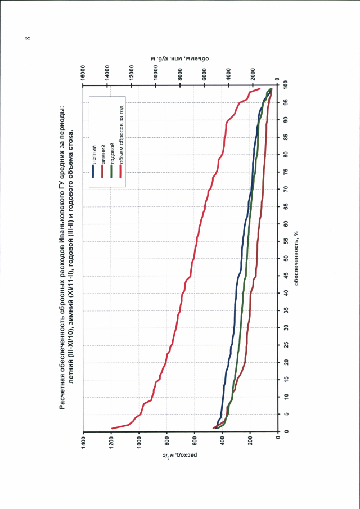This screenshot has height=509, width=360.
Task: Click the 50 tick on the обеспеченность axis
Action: point(287,258)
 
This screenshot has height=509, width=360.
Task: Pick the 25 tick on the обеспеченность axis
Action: point(287,345)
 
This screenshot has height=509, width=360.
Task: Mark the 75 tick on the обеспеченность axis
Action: point(287,172)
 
